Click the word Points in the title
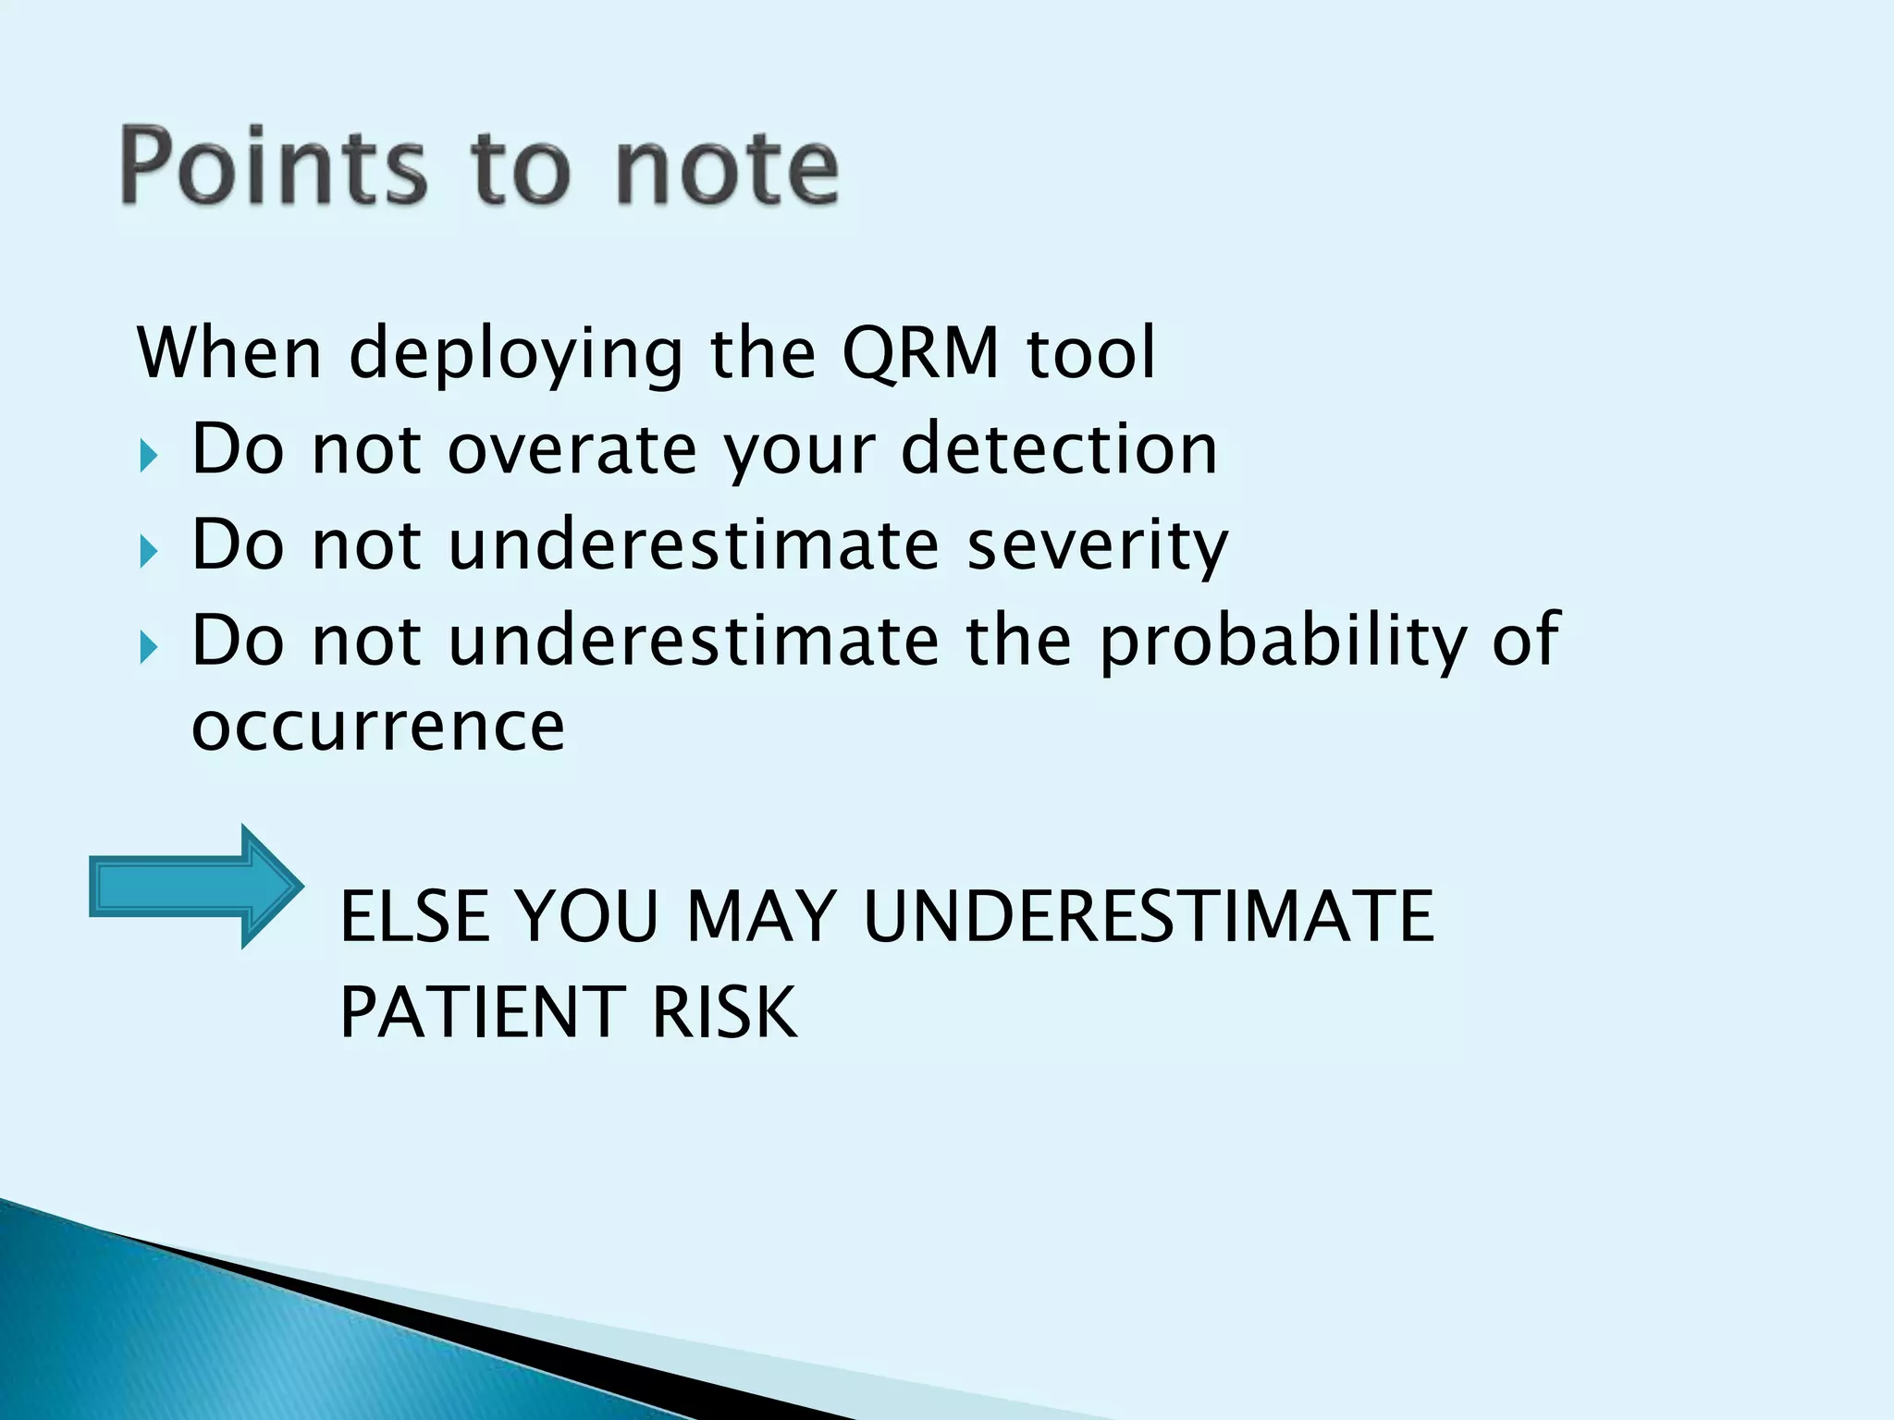[274, 166]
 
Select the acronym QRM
[921, 353]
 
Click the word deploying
[516, 355]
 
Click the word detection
[1059, 449]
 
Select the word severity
[1098, 545]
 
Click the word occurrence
[377, 727]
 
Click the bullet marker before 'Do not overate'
[149, 457]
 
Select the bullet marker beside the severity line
[149, 553]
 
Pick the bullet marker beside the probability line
[149, 648]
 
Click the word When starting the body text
[229, 353]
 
